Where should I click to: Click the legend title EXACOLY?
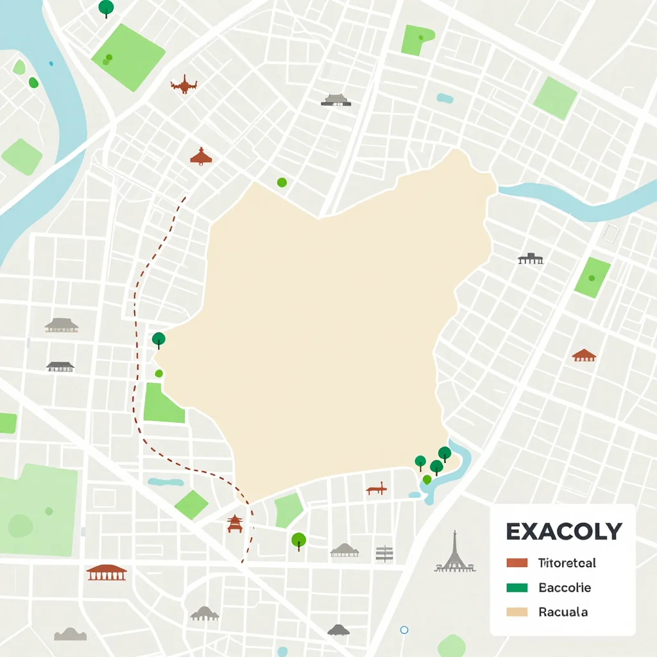coord(563,531)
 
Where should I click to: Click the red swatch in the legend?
coord(516,563)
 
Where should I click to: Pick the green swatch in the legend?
coord(516,587)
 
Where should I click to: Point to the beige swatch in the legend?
coord(516,612)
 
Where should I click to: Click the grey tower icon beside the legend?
coord(455,553)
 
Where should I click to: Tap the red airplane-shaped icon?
coord(184,84)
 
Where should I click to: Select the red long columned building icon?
coord(107,572)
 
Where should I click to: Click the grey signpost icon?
coord(384,554)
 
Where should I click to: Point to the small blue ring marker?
coord(404,630)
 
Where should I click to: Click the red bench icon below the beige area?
coord(377,490)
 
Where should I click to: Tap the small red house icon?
coord(584,355)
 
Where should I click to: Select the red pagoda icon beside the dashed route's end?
coord(235,524)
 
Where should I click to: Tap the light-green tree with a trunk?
coord(298,540)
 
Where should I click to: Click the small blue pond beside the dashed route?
coord(165,482)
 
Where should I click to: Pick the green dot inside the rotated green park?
coord(591,278)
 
